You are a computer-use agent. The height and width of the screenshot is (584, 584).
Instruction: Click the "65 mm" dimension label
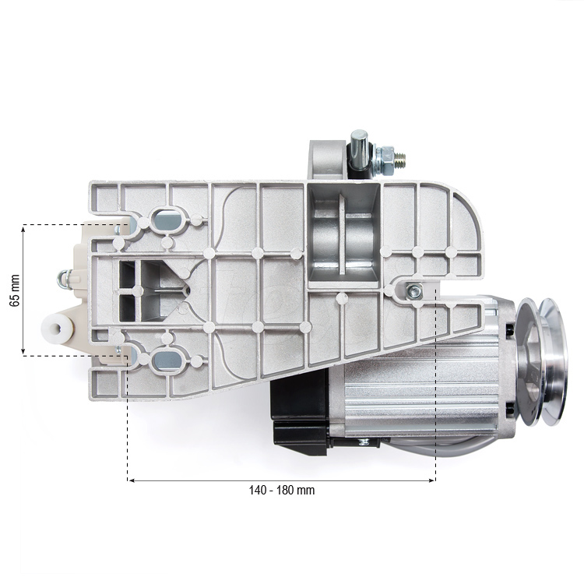click(13, 290)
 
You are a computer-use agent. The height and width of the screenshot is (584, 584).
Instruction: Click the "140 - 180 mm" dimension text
click(282, 491)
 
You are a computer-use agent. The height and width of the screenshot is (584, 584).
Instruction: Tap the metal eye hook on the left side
click(65, 276)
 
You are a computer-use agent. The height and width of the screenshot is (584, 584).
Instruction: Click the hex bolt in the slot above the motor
click(414, 291)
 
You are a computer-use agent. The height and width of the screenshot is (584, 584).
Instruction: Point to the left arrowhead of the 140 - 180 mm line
click(131, 480)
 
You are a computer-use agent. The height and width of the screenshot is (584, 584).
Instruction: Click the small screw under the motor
click(364, 443)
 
